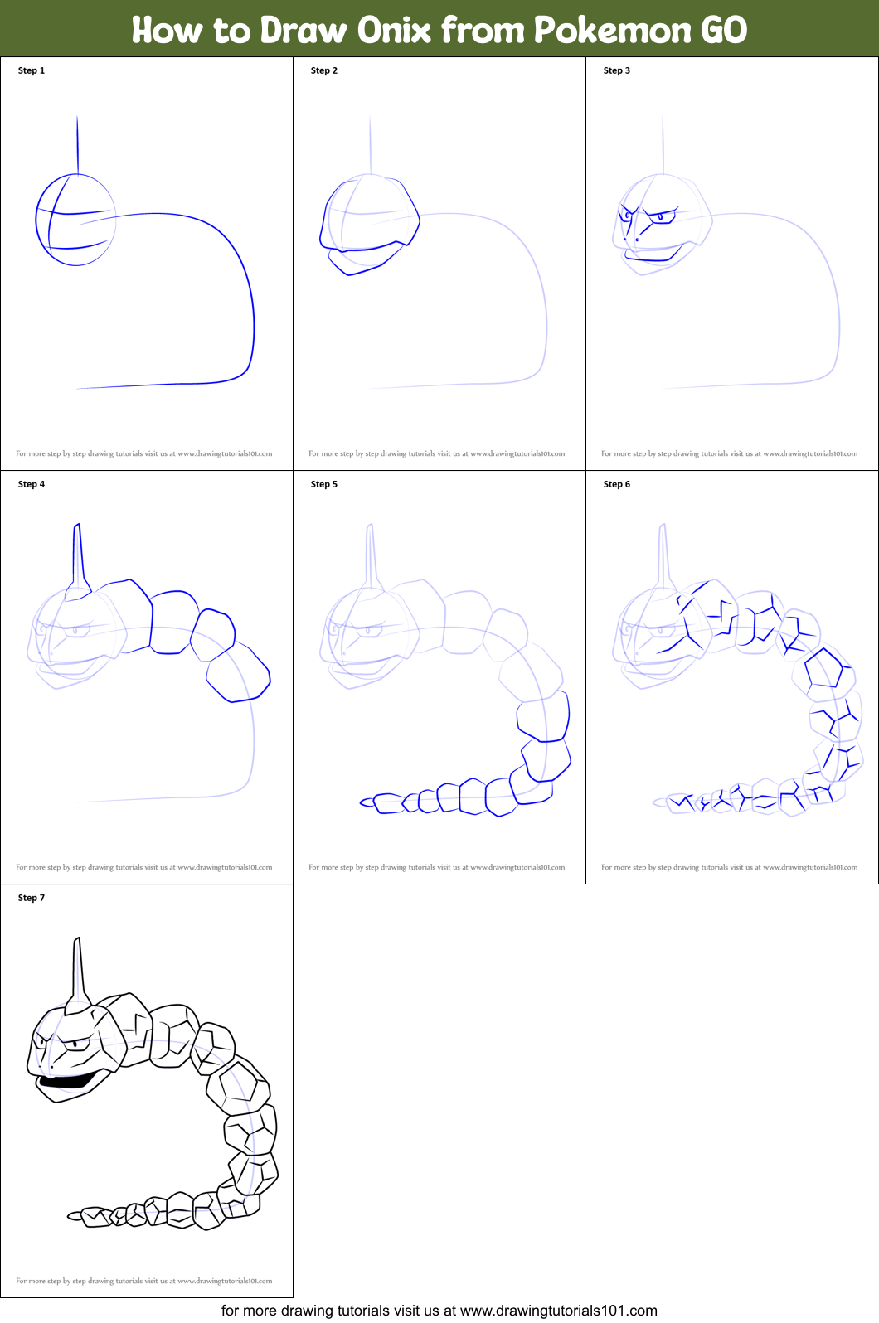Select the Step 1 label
click(32, 70)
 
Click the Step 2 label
click(324, 70)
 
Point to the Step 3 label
click(617, 70)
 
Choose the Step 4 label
click(32, 484)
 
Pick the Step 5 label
click(324, 484)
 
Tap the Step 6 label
click(617, 484)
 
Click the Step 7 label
click(32, 898)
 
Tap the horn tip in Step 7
click(77, 941)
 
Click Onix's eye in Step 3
click(661, 219)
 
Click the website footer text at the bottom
click(439, 1311)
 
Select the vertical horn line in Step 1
click(78, 145)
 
